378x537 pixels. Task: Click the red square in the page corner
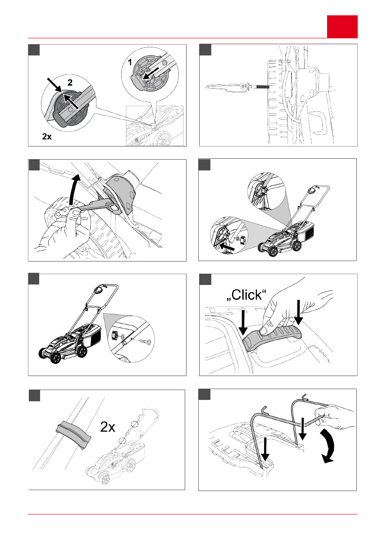[x=342, y=27]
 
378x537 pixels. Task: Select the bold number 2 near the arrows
[x=70, y=83]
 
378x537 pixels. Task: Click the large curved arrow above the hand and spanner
[x=75, y=189]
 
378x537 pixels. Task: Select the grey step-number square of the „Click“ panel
[x=205, y=280]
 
